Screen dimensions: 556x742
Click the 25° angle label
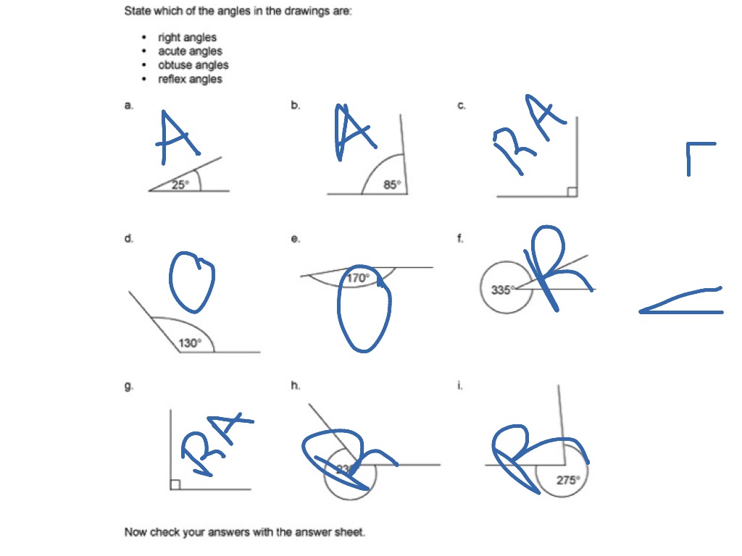(180, 185)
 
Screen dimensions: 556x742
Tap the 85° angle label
(391, 185)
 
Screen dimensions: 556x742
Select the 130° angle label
(190, 343)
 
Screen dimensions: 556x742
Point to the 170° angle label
(358, 277)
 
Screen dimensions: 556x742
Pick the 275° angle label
(567, 479)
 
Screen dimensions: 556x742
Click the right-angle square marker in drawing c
(572, 192)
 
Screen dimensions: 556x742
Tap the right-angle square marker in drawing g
(175, 484)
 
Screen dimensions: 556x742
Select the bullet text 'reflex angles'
(190, 79)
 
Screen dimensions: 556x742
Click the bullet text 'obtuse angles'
(193, 65)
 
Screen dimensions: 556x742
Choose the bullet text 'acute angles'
(190, 51)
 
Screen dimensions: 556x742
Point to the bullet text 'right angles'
(187, 38)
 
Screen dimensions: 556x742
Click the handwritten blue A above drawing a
(176, 138)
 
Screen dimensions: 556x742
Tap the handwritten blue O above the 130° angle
(192, 279)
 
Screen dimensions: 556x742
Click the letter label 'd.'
(128, 238)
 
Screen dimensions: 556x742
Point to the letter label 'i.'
(459, 386)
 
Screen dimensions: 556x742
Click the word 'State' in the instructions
(137, 12)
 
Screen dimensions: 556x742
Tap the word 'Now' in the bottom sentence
(136, 532)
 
